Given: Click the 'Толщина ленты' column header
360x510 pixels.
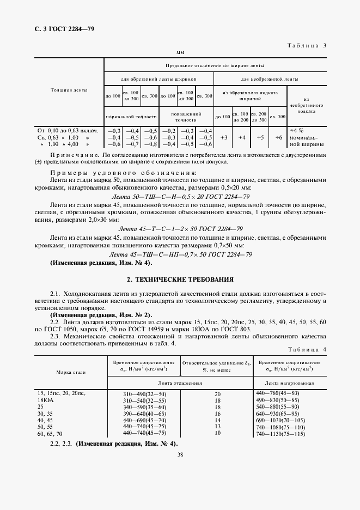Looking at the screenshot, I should pos(69,89).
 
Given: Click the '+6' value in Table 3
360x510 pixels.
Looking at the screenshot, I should pos(278,138).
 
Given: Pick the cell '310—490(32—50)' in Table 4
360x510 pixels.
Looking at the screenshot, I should pos(144,393).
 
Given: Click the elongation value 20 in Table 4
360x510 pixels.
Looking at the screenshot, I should pos(217,393).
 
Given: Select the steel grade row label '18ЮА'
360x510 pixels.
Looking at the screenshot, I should pos(46,400).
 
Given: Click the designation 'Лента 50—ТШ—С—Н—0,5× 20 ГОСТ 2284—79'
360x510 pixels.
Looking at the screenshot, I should pos(180,196).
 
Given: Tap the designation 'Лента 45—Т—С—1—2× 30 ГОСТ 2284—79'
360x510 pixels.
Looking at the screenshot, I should pos(180,230).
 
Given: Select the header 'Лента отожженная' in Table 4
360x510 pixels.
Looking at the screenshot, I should pos(180,384).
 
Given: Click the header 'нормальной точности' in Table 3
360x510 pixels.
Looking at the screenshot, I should pos(132,116).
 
